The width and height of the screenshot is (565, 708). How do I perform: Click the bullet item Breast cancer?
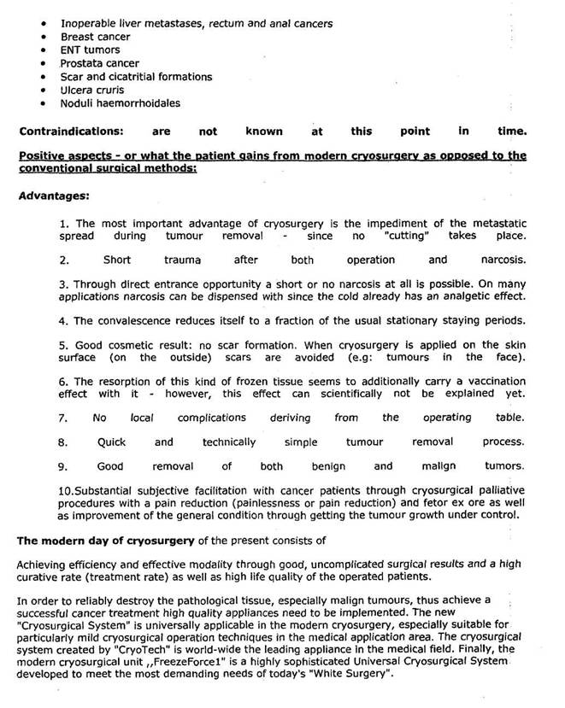(x=95, y=37)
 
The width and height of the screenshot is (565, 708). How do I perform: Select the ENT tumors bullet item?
(x=90, y=50)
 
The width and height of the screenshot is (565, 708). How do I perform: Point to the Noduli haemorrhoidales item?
(x=120, y=103)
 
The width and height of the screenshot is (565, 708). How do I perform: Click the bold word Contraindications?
(x=71, y=132)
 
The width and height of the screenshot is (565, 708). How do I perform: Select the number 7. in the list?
(x=64, y=418)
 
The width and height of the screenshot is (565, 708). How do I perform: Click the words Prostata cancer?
(x=99, y=63)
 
